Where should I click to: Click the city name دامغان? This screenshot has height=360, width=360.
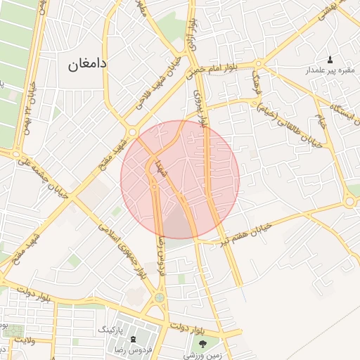[x=87, y=64]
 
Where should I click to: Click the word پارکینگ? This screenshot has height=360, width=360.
[x=108, y=329]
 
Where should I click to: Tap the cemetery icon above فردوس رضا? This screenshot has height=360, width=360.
[x=134, y=340]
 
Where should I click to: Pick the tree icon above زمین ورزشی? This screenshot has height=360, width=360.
[x=203, y=343]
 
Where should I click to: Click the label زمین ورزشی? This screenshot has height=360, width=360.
[x=203, y=355]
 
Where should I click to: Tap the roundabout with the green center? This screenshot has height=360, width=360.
[x=160, y=298]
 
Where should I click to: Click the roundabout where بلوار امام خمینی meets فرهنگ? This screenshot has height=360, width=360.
[x=278, y=65]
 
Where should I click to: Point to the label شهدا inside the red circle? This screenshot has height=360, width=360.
[x=160, y=169]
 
